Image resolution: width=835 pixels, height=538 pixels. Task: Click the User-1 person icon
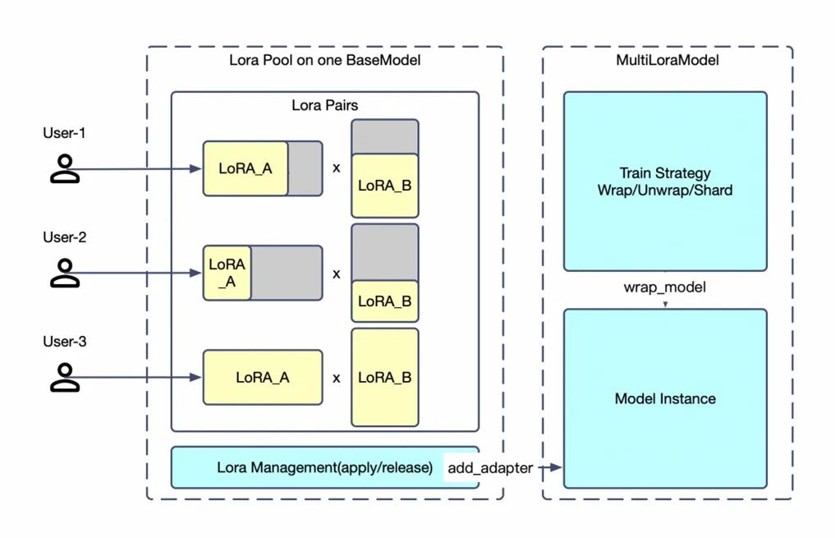click(65, 168)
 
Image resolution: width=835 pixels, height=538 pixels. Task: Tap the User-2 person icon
click(65, 273)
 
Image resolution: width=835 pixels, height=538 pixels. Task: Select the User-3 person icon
click(65, 377)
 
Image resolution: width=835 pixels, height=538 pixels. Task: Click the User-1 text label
click(64, 132)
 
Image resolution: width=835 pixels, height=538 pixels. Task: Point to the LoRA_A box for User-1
click(245, 168)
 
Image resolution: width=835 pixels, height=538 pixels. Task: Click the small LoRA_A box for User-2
click(227, 273)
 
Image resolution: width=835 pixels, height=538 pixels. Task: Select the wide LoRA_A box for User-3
click(263, 378)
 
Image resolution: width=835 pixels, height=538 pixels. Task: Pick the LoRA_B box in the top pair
click(384, 186)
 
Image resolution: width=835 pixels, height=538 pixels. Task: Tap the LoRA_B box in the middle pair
click(384, 301)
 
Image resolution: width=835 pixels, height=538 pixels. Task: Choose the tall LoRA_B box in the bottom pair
click(384, 377)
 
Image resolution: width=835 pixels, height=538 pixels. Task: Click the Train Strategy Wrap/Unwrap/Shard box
click(664, 182)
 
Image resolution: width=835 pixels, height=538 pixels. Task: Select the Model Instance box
click(664, 398)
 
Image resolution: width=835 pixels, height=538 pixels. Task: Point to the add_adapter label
click(489, 467)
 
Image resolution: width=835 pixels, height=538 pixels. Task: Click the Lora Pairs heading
click(324, 105)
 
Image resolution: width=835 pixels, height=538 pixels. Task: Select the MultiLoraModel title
click(667, 62)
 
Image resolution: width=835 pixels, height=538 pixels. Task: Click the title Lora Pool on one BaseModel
click(324, 62)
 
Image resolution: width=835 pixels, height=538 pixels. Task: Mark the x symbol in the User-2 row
click(336, 274)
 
